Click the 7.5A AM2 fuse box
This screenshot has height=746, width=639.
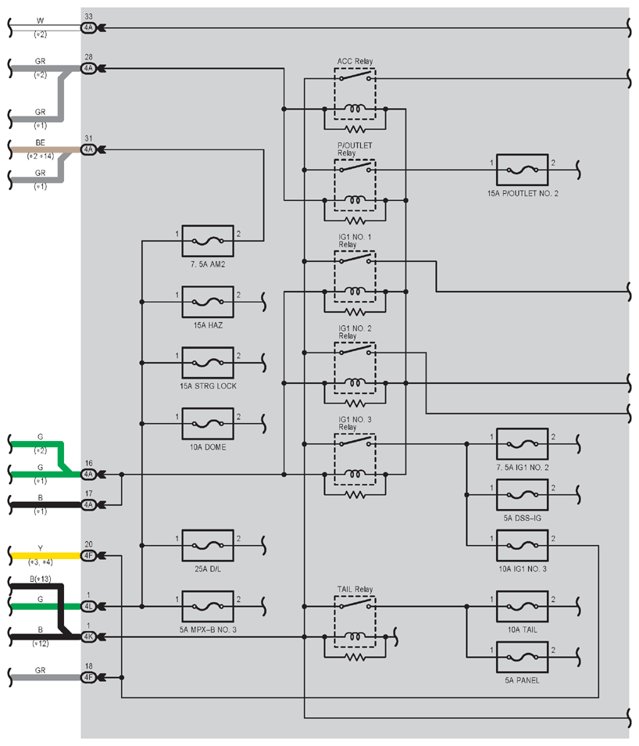click(x=208, y=241)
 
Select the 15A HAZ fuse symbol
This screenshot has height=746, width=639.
click(x=208, y=302)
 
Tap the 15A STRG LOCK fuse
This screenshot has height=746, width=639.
click(x=208, y=363)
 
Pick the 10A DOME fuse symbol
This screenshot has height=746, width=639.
click(x=208, y=423)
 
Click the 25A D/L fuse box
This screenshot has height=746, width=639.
click(x=208, y=545)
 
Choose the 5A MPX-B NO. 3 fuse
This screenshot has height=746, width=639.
click(x=208, y=606)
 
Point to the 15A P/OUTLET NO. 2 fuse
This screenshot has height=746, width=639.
click(x=522, y=170)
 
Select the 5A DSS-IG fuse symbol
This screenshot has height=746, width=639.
click(x=522, y=495)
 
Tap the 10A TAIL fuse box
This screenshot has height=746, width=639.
click(x=522, y=606)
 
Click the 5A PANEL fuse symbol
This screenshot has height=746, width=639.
click(x=522, y=657)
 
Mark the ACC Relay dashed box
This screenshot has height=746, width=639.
click(x=334, y=93)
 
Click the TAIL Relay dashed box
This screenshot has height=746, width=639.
click(x=334, y=622)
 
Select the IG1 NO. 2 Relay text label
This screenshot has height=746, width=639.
click(x=355, y=332)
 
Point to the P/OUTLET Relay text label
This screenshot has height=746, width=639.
click(x=355, y=149)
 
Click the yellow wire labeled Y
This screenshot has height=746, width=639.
click(x=45, y=556)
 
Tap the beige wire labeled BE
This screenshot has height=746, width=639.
click(x=45, y=150)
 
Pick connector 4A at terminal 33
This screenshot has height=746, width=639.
click(x=88, y=28)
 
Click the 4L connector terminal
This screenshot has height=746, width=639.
click(x=88, y=606)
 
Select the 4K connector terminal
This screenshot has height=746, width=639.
click(x=88, y=637)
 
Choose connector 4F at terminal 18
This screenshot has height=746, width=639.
click(x=88, y=677)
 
